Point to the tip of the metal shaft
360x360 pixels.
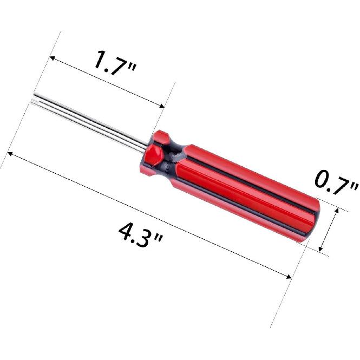click(x=34, y=99)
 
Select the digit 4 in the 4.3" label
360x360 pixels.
click(x=126, y=231)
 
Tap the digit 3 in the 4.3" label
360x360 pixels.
click(x=147, y=238)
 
